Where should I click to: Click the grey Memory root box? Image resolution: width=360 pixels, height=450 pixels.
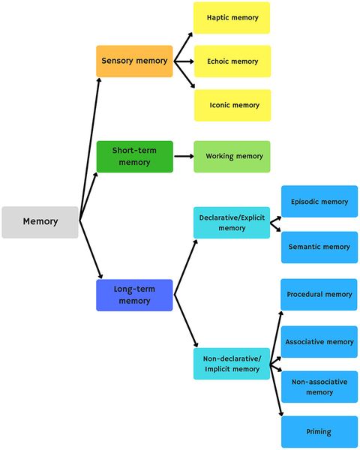coord(40,222)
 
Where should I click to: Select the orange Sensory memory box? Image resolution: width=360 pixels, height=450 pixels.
coord(134,61)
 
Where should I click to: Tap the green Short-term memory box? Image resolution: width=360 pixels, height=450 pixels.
coord(134,157)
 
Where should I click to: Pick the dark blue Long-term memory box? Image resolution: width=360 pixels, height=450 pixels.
coord(134,295)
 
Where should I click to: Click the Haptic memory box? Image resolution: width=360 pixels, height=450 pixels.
coord(232,18)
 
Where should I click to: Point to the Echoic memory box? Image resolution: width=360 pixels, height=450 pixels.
coord(232,61)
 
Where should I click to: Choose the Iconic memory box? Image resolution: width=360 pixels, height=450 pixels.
coord(232,106)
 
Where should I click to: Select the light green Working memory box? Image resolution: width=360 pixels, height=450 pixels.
coord(232,157)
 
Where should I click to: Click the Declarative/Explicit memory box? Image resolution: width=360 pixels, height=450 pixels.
coord(232,223)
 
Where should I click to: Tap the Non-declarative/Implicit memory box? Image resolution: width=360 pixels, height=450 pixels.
coord(232,364)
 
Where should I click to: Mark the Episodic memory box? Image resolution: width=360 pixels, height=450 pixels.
coord(319,202)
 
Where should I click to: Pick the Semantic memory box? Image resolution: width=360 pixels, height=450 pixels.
coord(319,247)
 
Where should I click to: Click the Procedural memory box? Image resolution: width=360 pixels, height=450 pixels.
coord(319,295)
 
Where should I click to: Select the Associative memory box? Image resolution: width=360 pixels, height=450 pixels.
coord(319,342)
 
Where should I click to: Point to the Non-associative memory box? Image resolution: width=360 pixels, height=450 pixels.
coord(319,387)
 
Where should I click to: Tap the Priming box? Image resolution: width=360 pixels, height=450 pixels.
coord(319,432)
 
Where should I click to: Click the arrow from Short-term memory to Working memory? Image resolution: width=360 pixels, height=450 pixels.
coord(184,157)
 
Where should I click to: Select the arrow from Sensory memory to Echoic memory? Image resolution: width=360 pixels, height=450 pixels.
coord(184,61)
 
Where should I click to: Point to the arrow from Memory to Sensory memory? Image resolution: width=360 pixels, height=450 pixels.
coord(90,142)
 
